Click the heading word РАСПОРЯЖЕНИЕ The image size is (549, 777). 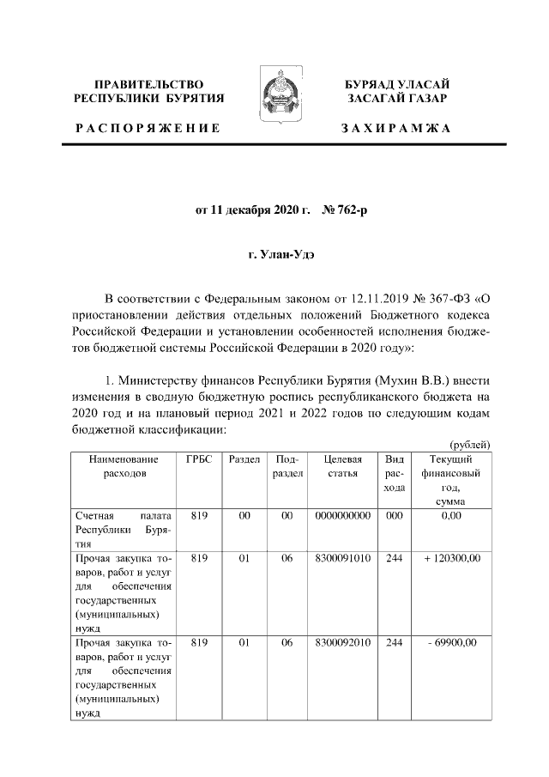(148, 128)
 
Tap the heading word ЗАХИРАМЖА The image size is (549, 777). (396, 128)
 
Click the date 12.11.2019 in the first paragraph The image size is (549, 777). (381, 299)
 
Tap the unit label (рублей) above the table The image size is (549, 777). (469, 444)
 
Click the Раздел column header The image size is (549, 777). (244, 460)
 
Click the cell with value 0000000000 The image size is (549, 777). (342, 515)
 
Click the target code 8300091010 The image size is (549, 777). (342, 558)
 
